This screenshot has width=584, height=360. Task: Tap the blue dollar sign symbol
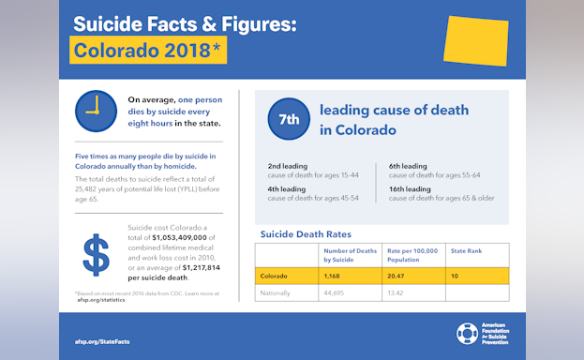[x=97, y=255]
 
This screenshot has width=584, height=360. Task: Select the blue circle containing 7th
[x=289, y=119]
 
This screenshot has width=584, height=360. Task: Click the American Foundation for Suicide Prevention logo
[x=485, y=334]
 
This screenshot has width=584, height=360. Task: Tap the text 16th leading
[x=410, y=189]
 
